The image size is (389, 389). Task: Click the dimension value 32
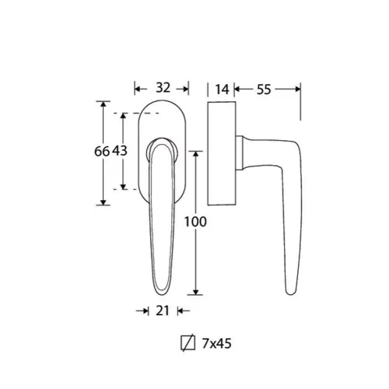click(163, 88)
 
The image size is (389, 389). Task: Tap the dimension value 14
click(223, 89)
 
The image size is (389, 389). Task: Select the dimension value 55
click(264, 89)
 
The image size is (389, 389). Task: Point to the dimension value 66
click(102, 151)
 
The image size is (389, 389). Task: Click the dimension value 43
click(120, 151)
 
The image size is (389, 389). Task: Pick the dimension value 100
click(195, 222)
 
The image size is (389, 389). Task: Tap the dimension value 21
click(163, 310)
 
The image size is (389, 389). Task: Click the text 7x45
click(216, 344)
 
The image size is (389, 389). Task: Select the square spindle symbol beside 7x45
click(188, 343)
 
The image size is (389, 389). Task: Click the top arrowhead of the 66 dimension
click(103, 104)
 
